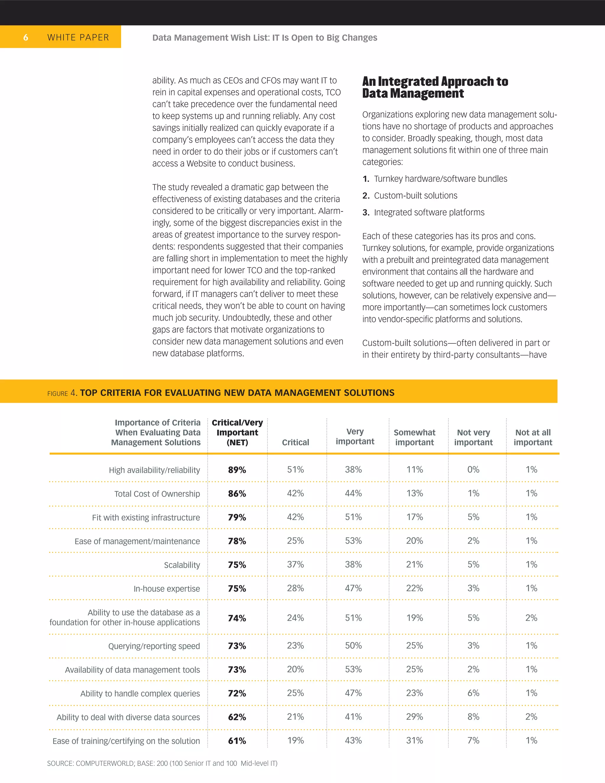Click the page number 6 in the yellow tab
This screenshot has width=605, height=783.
[x=25, y=37]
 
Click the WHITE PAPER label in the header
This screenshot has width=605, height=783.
[x=78, y=37]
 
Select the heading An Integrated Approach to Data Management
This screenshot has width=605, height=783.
[x=435, y=87]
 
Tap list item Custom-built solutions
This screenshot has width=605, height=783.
[x=415, y=195]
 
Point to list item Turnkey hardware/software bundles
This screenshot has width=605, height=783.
[x=440, y=178]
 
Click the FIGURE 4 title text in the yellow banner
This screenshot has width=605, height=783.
[x=221, y=393]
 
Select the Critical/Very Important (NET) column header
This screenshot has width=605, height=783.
[x=237, y=432]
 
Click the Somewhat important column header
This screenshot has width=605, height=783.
[x=414, y=437]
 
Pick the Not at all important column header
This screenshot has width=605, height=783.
[x=533, y=437]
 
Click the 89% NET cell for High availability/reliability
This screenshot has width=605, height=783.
[x=237, y=470]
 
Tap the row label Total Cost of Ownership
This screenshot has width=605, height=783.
[x=157, y=494]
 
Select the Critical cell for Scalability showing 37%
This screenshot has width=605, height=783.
[x=295, y=564]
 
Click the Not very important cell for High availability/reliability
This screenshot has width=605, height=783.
[x=473, y=469]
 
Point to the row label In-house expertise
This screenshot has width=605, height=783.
[x=167, y=589]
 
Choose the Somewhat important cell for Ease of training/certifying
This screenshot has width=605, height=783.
[x=414, y=740]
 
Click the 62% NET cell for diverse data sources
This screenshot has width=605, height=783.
[x=237, y=717]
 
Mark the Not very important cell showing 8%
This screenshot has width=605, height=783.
[x=473, y=717]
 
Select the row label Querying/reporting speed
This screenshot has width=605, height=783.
[x=154, y=646]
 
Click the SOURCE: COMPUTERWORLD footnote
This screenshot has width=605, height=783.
[x=162, y=763]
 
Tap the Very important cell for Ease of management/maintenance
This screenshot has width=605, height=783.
[x=353, y=541]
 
